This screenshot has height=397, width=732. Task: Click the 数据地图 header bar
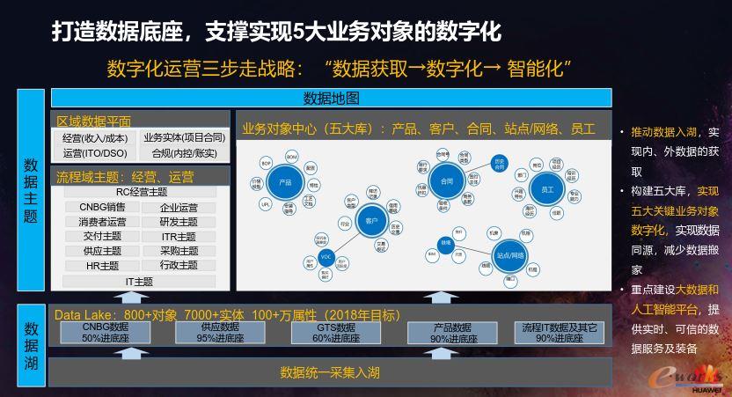(331, 98)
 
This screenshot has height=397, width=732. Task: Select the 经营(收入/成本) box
(95, 138)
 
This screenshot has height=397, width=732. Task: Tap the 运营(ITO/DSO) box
(95, 153)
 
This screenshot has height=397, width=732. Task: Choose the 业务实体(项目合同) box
(184, 138)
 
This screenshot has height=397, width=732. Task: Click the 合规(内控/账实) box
(184, 153)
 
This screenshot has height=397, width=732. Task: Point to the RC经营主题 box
(142, 192)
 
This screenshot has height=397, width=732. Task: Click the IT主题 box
(139, 282)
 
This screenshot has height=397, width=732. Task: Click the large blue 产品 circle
(284, 182)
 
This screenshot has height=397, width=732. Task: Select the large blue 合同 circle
(446, 180)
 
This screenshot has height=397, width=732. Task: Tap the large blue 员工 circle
(547, 188)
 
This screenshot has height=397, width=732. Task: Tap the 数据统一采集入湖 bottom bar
(330, 372)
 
